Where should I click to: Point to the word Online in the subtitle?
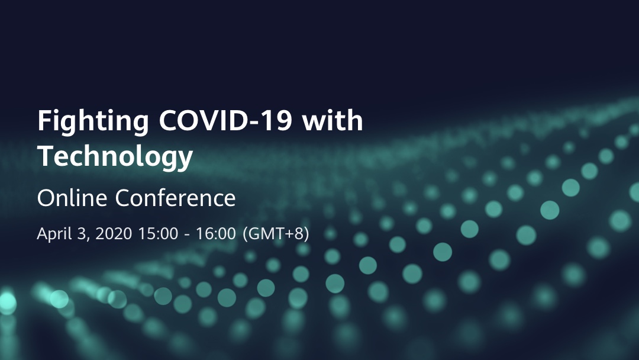pyautogui.click(x=72, y=198)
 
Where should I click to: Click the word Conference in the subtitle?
pyautogui.click(x=175, y=198)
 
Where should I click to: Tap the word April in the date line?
pyautogui.click(x=53, y=234)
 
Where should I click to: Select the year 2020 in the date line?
pyautogui.click(x=114, y=234)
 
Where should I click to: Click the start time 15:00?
pyautogui.click(x=158, y=234)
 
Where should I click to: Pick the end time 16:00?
pyautogui.click(x=216, y=234)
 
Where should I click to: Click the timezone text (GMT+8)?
pyautogui.click(x=276, y=234)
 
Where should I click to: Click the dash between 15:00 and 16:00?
pyautogui.click(x=187, y=235)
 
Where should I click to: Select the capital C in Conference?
pyautogui.click(x=124, y=198)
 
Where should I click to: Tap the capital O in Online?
pyautogui.click(x=47, y=198)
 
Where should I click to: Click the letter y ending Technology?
pyautogui.click(x=185, y=160)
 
